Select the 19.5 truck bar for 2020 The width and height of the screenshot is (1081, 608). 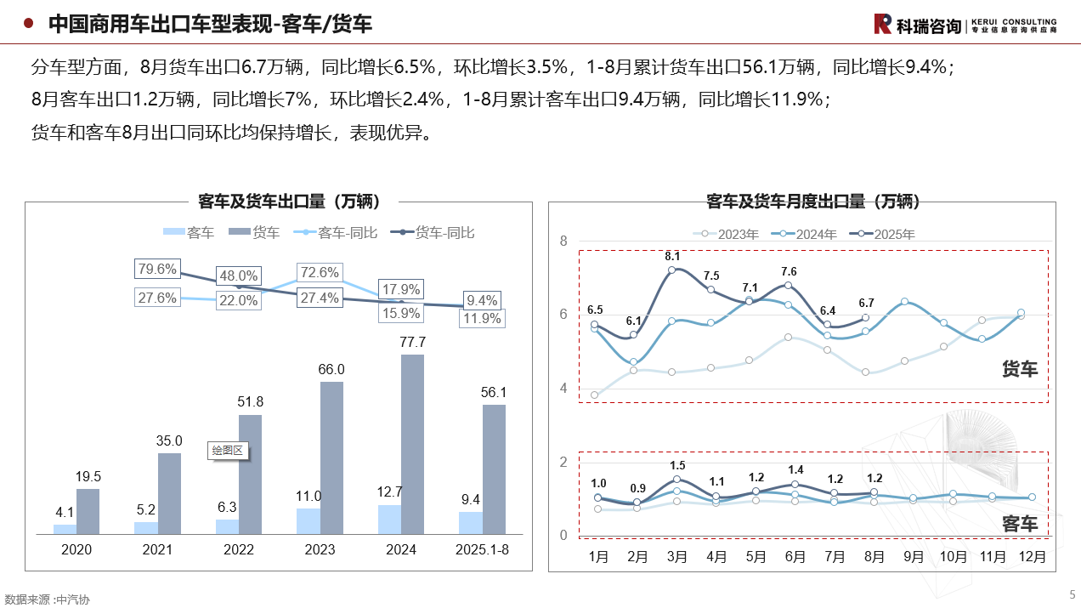point(88,511)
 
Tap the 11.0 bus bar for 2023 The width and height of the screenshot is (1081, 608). point(308,521)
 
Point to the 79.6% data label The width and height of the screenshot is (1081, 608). point(157,270)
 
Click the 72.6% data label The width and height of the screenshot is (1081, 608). point(320,273)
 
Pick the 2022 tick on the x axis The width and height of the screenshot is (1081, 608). point(239,550)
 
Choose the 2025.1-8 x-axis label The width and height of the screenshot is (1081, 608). point(482,550)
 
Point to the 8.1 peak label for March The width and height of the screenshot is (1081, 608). point(671,255)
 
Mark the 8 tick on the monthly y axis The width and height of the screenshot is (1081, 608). point(563,241)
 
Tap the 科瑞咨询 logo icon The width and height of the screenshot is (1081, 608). point(882,25)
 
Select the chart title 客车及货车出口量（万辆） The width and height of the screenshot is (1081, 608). point(289,202)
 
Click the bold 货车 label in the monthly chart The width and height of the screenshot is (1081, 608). point(1020,369)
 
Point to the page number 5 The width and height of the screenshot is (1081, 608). point(1072,594)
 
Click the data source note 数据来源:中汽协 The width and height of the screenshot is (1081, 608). point(47,599)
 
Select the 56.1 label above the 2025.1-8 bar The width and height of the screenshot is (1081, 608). point(493,392)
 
